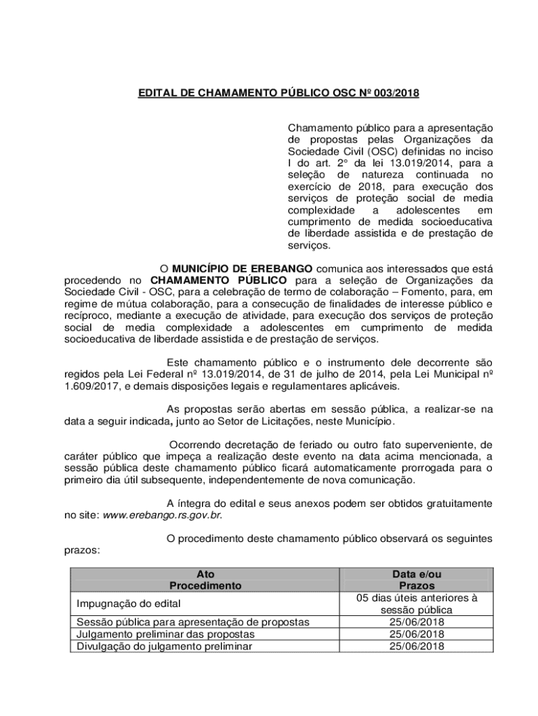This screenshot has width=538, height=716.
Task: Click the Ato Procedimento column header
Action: pyautogui.click(x=205, y=580)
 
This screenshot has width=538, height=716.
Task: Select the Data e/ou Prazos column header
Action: pyautogui.click(x=416, y=580)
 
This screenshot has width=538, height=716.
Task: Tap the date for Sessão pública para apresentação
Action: pyautogui.click(x=416, y=622)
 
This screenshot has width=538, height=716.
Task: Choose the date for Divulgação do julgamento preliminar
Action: pyautogui.click(x=416, y=645)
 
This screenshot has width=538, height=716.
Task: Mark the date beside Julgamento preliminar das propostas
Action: pyautogui.click(x=416, y=633)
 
